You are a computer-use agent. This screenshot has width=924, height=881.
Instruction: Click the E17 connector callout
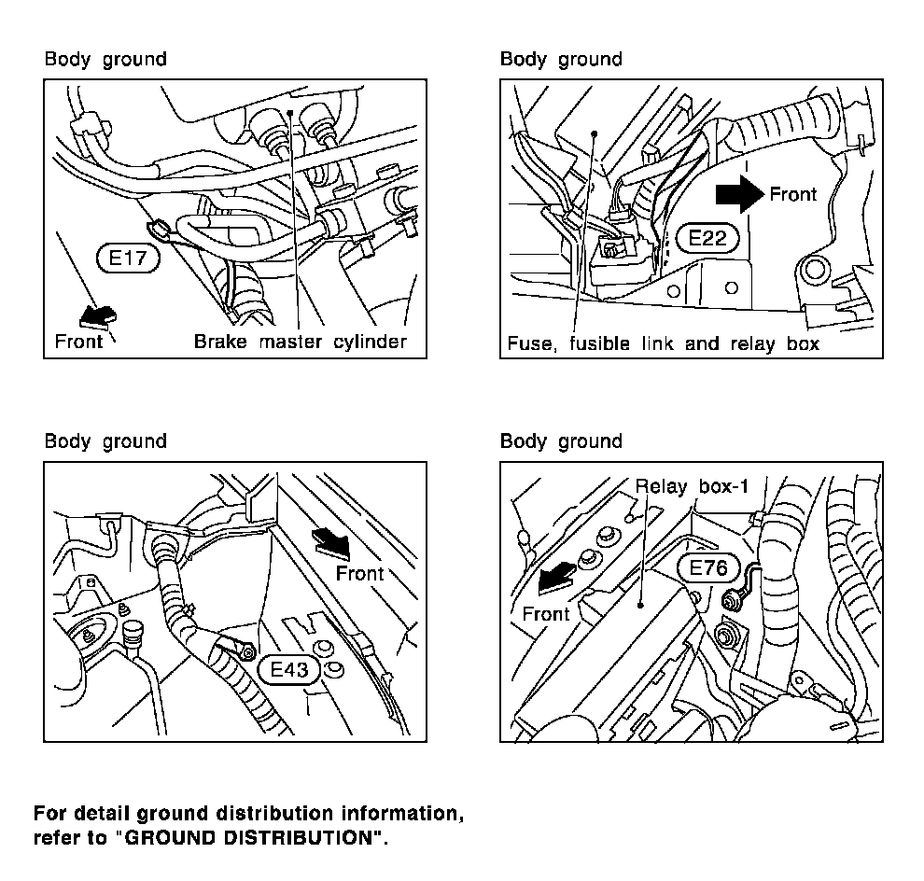pos(128,258)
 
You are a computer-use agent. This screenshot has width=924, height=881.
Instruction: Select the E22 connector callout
pos(707,238)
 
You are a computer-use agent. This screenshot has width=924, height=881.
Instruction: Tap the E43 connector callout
pos(289,668)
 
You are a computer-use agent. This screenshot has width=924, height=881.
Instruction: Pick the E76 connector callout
pos(714,569)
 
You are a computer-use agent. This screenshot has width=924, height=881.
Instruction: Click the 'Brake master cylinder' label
pos(300,342)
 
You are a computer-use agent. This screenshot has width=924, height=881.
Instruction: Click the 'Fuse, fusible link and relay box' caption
pos(663,343)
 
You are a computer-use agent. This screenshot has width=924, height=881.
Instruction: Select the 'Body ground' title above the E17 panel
pos(105,60)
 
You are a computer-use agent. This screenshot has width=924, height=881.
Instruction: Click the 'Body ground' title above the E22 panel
pos(561,60)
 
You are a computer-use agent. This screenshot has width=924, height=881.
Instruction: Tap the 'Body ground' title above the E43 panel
pos(105,441)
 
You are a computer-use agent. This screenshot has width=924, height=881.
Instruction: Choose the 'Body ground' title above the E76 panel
pos(561,441)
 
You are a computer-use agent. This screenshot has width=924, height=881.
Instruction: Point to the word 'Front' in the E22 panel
pos(793,194)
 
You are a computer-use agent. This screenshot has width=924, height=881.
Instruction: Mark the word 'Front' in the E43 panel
pos(359,573)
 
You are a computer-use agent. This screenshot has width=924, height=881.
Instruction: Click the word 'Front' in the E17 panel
pos(79,341)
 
